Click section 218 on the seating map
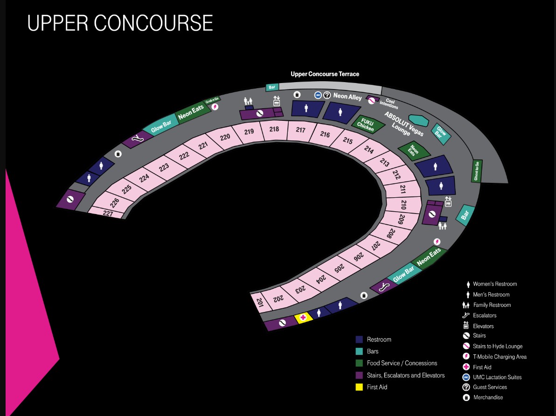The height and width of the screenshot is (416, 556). pyautogui.click(x=274, y=130)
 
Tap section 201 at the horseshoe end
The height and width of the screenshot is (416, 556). pyautogui.click(x=259, y=302)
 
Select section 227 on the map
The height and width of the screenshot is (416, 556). pyautogui.click(x=107, y=213)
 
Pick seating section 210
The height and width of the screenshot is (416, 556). pyautogui.click(x=403, y=204)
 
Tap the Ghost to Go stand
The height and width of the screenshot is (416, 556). pyautogui.click(x=477, y=171)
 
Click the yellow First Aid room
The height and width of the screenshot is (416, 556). pyautogui.click(x=303, y=318)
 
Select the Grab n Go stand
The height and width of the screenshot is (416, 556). pyautogui.click(x=212, y=100)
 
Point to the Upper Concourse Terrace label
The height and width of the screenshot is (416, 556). pyautogui.click(x=325, y=74)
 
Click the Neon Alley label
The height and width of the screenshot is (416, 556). pyautogui.click(x=347, y=96)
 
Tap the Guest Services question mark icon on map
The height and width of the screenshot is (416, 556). pyautogui.click(x=327, y=95)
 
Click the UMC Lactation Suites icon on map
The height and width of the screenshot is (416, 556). pyautogui.click(x=318, y=95)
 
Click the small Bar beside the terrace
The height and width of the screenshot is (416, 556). pyautogui.click(x=272, y=87)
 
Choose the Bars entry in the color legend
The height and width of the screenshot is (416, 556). pyautogui.click(x=367, y=351)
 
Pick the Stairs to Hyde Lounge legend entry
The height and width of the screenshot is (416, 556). pyautogui.click(x=493, y=346)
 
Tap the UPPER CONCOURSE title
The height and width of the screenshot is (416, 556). pyautogui.click(x=120, y=23)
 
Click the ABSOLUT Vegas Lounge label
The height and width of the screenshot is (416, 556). pyautogui.click(x=403, y=124)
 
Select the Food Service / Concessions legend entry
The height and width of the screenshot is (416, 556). pyautogui.click(x=396, y=363)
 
